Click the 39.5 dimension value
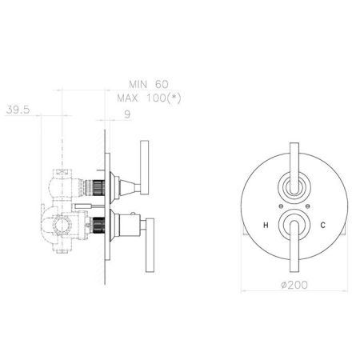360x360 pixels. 18,110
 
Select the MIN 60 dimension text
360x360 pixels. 149,85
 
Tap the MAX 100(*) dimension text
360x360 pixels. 149,98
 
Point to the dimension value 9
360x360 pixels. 127,114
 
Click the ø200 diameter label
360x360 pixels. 294,285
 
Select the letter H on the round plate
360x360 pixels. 266,226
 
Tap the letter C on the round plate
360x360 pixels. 322,226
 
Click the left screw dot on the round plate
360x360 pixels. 280,206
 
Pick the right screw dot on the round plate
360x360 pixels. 308,206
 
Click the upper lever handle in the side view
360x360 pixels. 144,167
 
